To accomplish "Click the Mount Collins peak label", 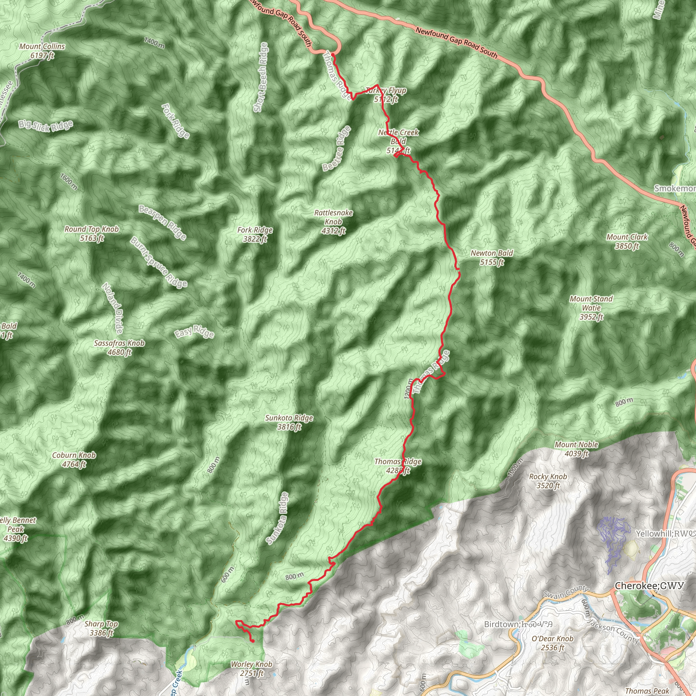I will (x=42, y=51).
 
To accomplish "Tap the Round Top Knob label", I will (x=91, y=233).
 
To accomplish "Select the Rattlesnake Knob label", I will (x=333, y=222).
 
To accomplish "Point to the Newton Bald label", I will (x=491, y=258).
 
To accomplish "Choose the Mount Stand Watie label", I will (x=591, y=308).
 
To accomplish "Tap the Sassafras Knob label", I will (x=119, y=348).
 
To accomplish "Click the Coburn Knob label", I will (x=74, y=460).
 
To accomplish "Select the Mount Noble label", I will (x=576, y=449).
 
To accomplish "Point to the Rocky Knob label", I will (x=548, y=481).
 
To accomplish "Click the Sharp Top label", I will (x=101, y=628).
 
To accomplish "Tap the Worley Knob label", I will (x=251, y=668).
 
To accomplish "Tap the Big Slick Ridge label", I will (x=46, y=125).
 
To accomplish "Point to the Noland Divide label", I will (x=113, y=308).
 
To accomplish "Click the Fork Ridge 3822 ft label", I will (x=255, y=234).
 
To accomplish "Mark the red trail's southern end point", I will (x=253, y=641).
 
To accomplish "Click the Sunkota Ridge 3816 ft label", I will (x=289, y=422).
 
